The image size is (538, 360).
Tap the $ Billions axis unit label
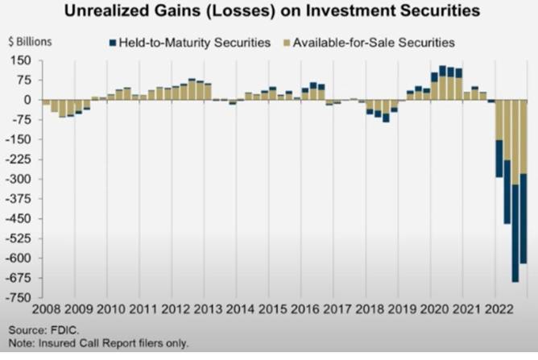click(x=29, y=40)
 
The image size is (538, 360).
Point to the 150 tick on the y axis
click(x=20, y=60)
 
